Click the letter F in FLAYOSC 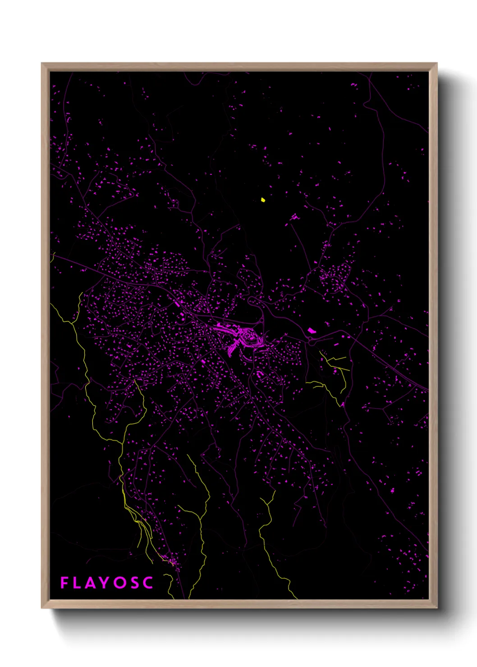point(64,583)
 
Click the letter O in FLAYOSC point(119,583)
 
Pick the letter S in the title point(135,583)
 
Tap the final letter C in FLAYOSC point(148,583)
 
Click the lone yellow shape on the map point(263,199)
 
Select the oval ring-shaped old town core point(249,336)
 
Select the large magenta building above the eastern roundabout point(311,331)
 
